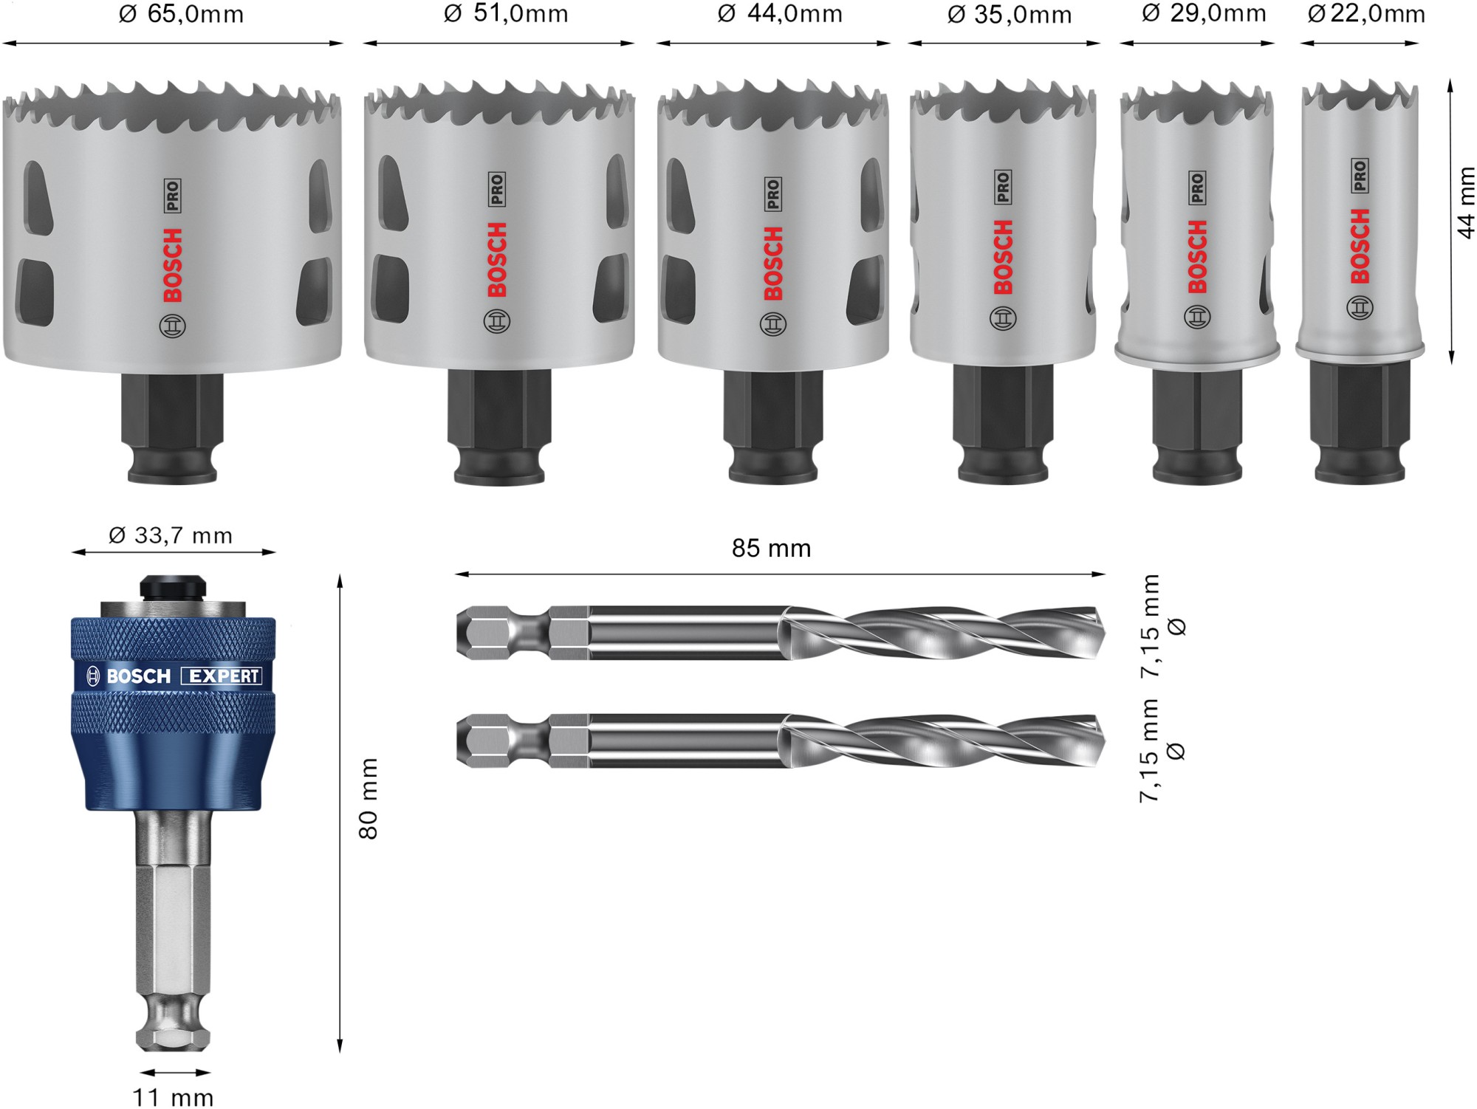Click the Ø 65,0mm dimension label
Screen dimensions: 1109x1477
pyautogui.click(x=181, y=14)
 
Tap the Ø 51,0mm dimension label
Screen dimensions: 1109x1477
pyautogui.click(x=506, y=13)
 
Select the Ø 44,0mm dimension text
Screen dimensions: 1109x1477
pyautogui.click(x=780, y=13)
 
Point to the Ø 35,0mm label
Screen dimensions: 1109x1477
pyautogui.click(x=1009, y=15)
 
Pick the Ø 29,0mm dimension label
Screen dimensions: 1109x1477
pyautogui.click(x=1204, y=13)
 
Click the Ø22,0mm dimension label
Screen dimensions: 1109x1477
pyautogui.click(x=1366, y=14)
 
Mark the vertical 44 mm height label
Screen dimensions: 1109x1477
pyautogui.click(x=1465, y=203)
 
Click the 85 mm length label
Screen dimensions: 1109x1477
pyautogui.click(x=771, y=549)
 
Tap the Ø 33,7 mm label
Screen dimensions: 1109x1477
pyautogui.click(x=171, y=535)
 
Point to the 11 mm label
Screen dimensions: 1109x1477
pyautogui.click(x=173, y=1097)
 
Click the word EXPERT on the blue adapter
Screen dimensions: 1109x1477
pyautogui.click(x=223, y=676)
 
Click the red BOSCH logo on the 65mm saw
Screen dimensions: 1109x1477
pyautogui.click(x=172, y=266)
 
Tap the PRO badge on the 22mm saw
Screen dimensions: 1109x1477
pyautogui.click(x=1360, y=176)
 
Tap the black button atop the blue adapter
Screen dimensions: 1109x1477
pyautogui.click(x=172, y=587)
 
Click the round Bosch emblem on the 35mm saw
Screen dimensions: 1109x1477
pyautogui.click(x=1003, y=318)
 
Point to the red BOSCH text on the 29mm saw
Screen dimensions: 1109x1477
pyautogui.click(x=1197, y=256)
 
